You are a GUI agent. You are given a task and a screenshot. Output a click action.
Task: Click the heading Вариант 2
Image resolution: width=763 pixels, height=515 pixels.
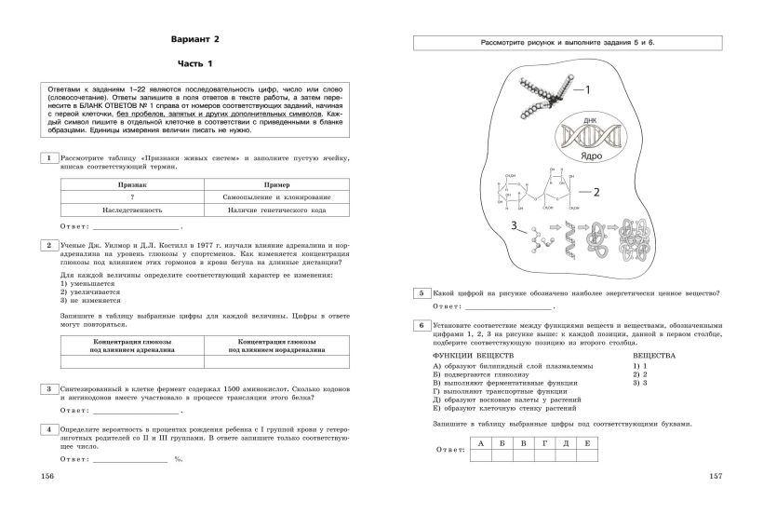(x=195, y=39)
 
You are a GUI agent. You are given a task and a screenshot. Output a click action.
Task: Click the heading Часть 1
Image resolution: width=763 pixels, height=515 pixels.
(x=195, y=63)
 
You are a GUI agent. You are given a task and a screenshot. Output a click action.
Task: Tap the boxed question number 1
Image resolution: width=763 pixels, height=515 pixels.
(x=47, y=159)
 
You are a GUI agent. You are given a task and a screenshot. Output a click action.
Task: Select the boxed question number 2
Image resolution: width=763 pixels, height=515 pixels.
(x=47, y=245)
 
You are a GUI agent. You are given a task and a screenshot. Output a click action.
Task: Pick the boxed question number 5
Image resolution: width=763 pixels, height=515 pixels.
(x=422, y=293)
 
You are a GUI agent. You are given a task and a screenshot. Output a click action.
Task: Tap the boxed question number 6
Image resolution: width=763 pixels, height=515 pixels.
(x=422, y=324)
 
